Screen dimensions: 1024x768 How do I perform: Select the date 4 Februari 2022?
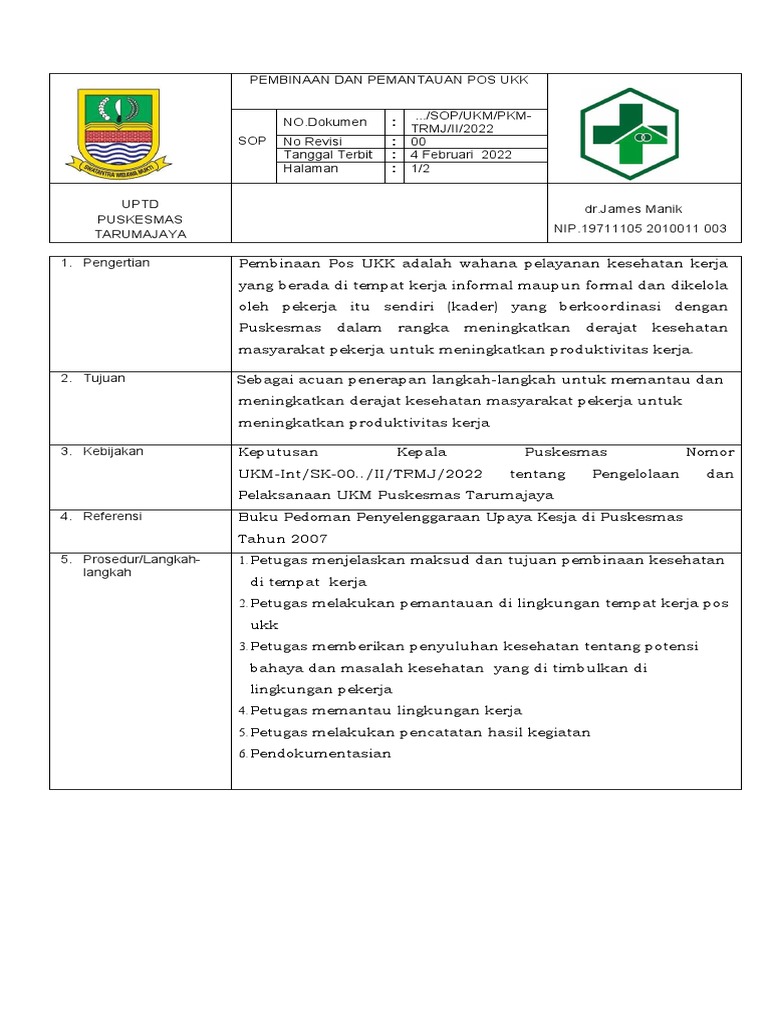tap(462, 155)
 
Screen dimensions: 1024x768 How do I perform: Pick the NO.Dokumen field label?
tap(325, 122)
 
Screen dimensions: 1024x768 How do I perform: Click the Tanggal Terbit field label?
tap(328, 155)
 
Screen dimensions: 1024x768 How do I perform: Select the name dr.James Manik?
tap(633, 209)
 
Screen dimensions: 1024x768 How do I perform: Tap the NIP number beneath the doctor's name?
tap(640, 229)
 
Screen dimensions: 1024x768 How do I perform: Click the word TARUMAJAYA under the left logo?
tap(140, 234)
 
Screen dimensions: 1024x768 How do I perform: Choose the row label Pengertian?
tap(115, 263)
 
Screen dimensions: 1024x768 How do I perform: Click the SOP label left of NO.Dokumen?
tap(252, 141)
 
